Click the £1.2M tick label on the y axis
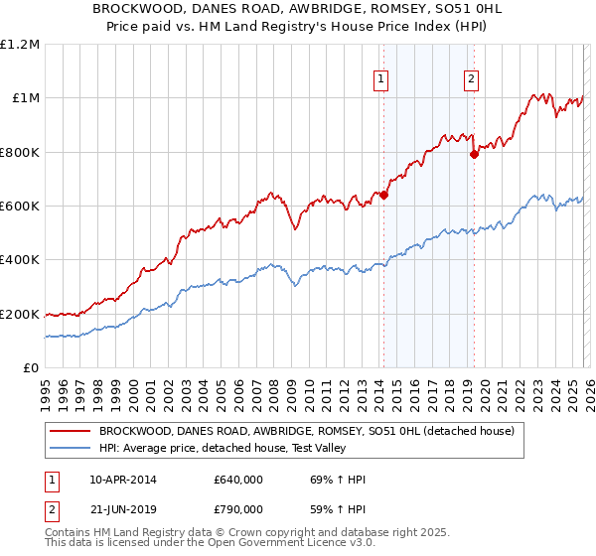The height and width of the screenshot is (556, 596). coord(21,45)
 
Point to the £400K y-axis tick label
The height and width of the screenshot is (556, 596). coord(21,260)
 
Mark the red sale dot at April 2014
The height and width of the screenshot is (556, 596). coord(383,196)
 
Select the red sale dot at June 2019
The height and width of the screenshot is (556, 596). coord(474,154)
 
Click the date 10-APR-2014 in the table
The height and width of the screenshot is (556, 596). coord(122,480)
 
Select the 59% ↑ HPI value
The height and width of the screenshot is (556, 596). coord(338,509)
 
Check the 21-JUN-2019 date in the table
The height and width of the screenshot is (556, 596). coord(122,509)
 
